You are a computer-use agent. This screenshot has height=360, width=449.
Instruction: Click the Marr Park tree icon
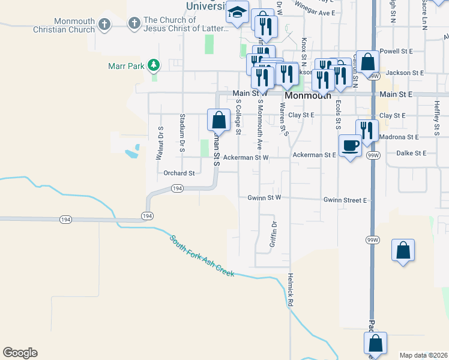(x=154, y=65)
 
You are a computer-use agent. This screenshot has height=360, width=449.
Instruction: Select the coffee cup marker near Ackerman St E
(x=351, y=145)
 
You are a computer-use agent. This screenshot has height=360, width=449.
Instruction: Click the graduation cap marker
(x=238, y=12)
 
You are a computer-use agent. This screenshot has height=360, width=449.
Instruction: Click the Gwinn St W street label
(x=264, y=197)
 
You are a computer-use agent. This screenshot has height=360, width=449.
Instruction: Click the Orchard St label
(x=179, y=173)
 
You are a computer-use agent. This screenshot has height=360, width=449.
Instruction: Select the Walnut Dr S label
(x=160, y=143)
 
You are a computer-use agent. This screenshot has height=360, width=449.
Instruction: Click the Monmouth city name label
(x=309, y=95)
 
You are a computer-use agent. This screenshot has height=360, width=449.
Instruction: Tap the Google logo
(x=20, y=352)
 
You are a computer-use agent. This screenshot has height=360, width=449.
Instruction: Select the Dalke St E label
(x=411, y=153)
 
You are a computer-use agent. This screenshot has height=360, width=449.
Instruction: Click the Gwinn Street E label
(x=345, y=200)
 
